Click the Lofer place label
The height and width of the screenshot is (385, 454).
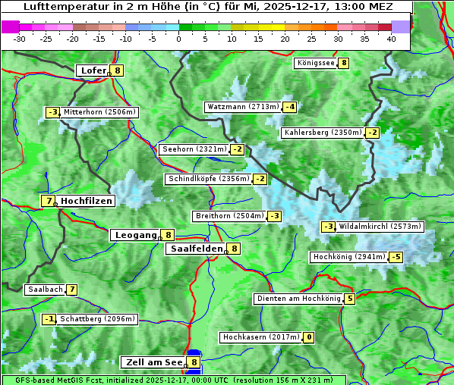tap(93, 70)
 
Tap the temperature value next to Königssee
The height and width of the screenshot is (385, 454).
tap(344, 63)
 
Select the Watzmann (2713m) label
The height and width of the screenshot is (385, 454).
tap(242, 107)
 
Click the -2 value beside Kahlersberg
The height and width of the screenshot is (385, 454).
tap(372, 133)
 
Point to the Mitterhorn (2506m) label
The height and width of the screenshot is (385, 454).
tap(99, 112)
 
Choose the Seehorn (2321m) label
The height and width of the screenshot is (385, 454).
tap(194, 149)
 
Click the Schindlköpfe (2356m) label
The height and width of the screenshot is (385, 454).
tap(207, 179)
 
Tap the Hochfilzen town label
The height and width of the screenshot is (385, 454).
tap(87, 201)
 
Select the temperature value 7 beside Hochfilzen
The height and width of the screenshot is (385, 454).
tap(49, 201)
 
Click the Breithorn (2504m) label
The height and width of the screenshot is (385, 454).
tap(229, 216)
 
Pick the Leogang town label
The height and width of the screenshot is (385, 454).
tap(135, 235)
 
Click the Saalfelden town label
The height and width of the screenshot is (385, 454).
tap(195, 249)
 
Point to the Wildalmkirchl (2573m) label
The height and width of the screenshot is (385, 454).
tap(380, 227)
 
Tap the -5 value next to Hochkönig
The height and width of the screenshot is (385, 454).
tap(396, 257)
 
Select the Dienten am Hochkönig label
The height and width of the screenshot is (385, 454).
tap(298, 299)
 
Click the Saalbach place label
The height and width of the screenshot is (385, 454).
tap(44, 290)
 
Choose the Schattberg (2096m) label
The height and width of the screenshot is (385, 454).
tap(98, 319)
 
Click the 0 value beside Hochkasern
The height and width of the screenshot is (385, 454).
tap(309, 337)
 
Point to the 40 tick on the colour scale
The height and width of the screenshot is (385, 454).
tap(391, 38)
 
